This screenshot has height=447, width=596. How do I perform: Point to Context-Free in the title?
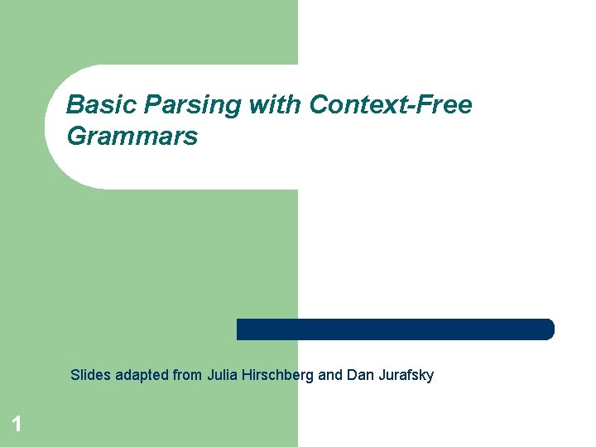[x=391, y=106]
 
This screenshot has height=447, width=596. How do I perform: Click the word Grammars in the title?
[x=132, y=136]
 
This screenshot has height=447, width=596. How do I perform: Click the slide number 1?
[x=16, y=425]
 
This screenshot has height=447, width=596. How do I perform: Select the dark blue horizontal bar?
[x=395, y=329]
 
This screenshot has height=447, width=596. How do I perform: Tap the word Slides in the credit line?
[x=89, y=375]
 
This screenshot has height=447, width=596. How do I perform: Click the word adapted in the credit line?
[x=140, y=375]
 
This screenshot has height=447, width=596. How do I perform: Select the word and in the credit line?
[x=330, y=375]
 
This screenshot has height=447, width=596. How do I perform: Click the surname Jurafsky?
[x=406, y=375]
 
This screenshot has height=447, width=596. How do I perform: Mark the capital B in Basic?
[x=74, y=106]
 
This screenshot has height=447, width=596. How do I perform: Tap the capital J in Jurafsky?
[x=382, y=375]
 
